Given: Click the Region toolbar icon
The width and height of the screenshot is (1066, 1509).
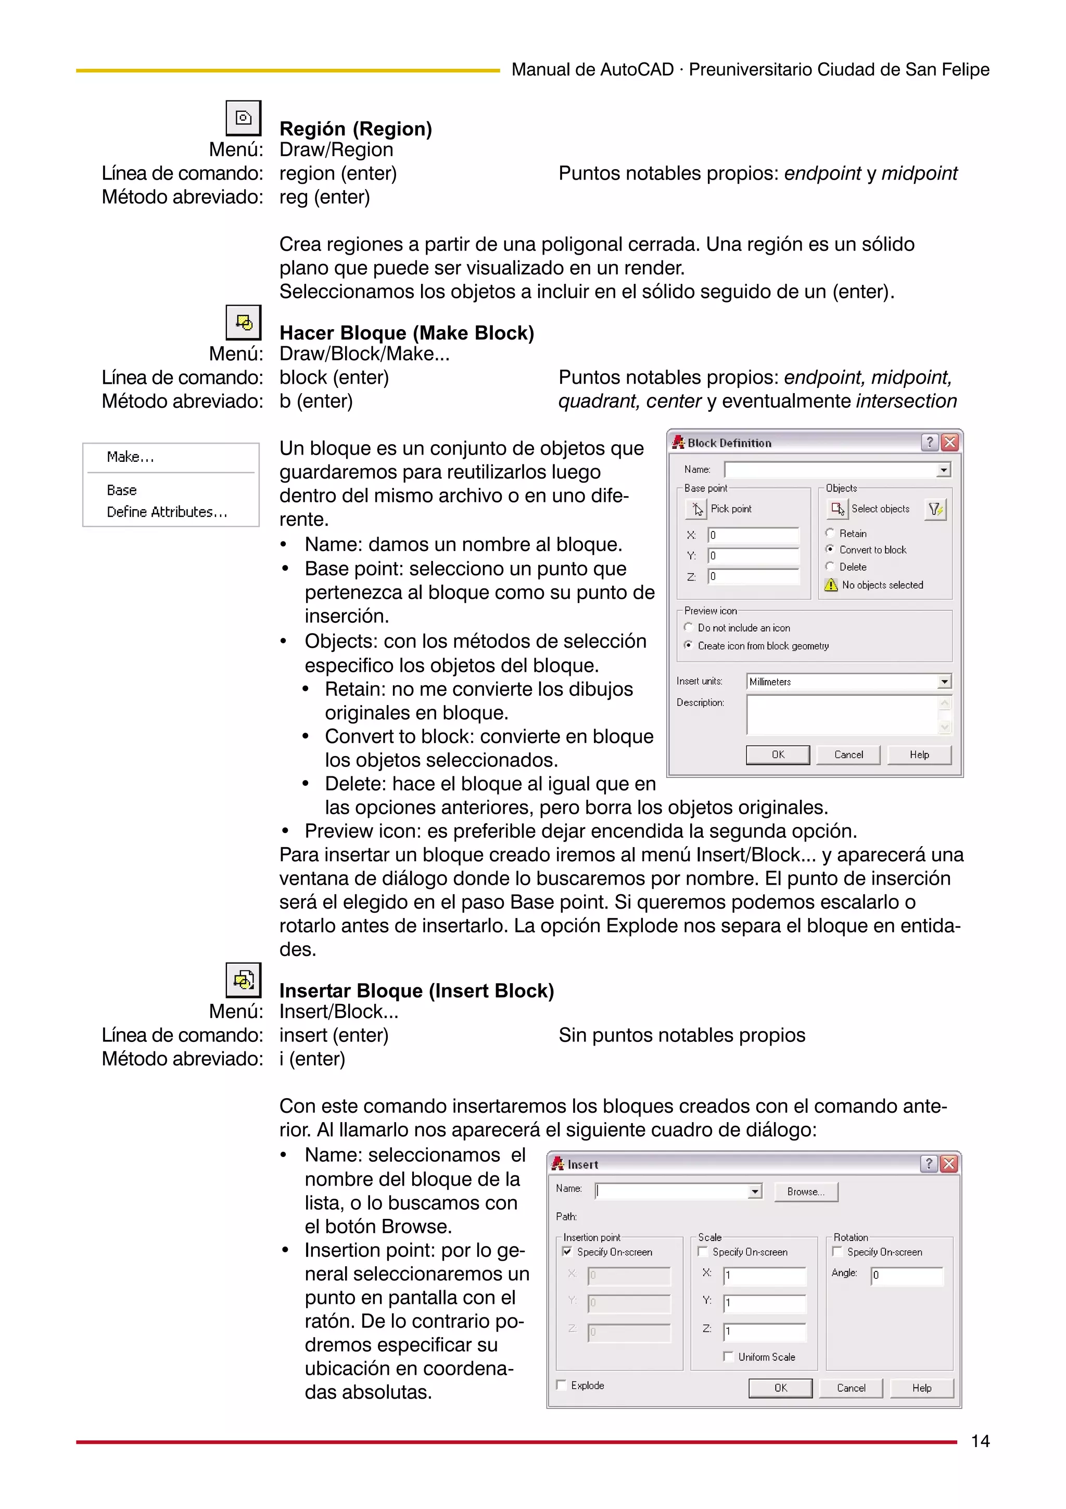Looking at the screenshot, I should (x=243, y=118).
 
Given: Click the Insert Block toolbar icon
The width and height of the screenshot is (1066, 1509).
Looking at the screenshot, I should (x=243, y=980).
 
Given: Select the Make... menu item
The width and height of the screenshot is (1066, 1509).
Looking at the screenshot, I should (x=130, y=457).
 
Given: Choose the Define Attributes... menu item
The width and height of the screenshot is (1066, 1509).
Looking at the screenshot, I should (x=167, y=512).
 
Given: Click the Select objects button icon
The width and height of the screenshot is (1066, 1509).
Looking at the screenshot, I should (x=837, y=509).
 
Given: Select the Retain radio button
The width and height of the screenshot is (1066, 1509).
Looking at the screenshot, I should (x=830, y=533).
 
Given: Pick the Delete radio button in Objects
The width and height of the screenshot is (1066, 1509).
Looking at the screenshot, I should (x=830, y=567).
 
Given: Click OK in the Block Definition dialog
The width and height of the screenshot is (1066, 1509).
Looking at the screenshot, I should (x=778, y=754).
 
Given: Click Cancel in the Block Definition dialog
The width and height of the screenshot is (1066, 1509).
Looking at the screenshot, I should (x=848, y=754).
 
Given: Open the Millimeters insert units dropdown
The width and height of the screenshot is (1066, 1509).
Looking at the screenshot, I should (x=944, y=682).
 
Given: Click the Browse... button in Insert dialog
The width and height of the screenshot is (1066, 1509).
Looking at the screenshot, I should (x=805, y=1191).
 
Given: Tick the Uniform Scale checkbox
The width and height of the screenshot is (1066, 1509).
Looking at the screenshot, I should (x=728, y=1356).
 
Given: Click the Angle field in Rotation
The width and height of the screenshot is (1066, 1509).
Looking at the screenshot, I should (x=906, y=1275).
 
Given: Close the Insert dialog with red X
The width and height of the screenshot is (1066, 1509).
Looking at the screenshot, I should (x=948, y=1164).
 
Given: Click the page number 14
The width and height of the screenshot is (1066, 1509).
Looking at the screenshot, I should (x=980, y=1441).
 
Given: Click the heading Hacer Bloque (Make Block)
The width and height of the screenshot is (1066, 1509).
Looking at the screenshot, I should (x=407, y=333).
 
